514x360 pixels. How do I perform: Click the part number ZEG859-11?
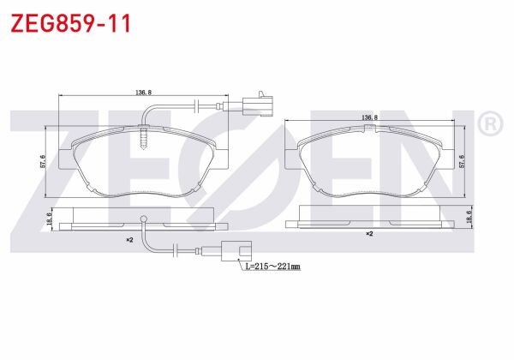pos(70,23)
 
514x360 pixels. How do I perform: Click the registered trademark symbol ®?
pos(488,125)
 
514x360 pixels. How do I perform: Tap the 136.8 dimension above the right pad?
pos(371,117)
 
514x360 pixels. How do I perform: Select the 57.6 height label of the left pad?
pos(44,159)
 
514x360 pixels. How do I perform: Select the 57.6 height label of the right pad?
pos(463,159)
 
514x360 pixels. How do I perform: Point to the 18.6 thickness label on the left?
pos(49,220)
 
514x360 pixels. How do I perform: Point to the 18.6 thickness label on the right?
pos(469,220)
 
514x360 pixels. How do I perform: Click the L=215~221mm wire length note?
pos(272,267)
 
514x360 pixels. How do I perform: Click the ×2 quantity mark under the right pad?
pos(369,233)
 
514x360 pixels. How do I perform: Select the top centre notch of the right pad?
pos(369,129)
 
